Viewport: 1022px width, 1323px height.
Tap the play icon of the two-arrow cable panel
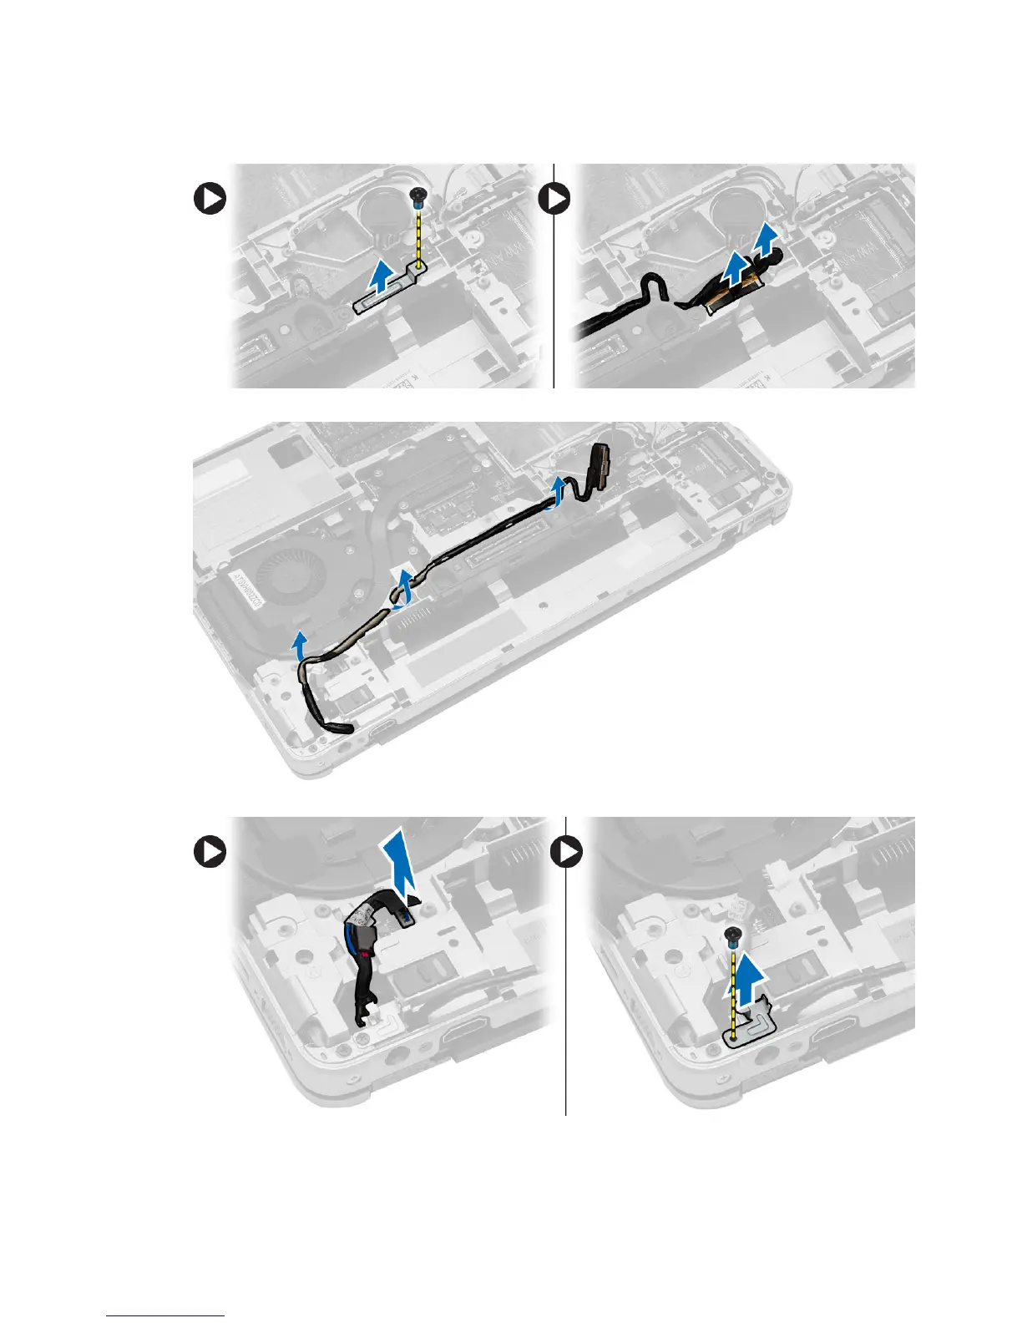[x=554, y=200]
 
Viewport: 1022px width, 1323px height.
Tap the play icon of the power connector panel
[x=210, y=853]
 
